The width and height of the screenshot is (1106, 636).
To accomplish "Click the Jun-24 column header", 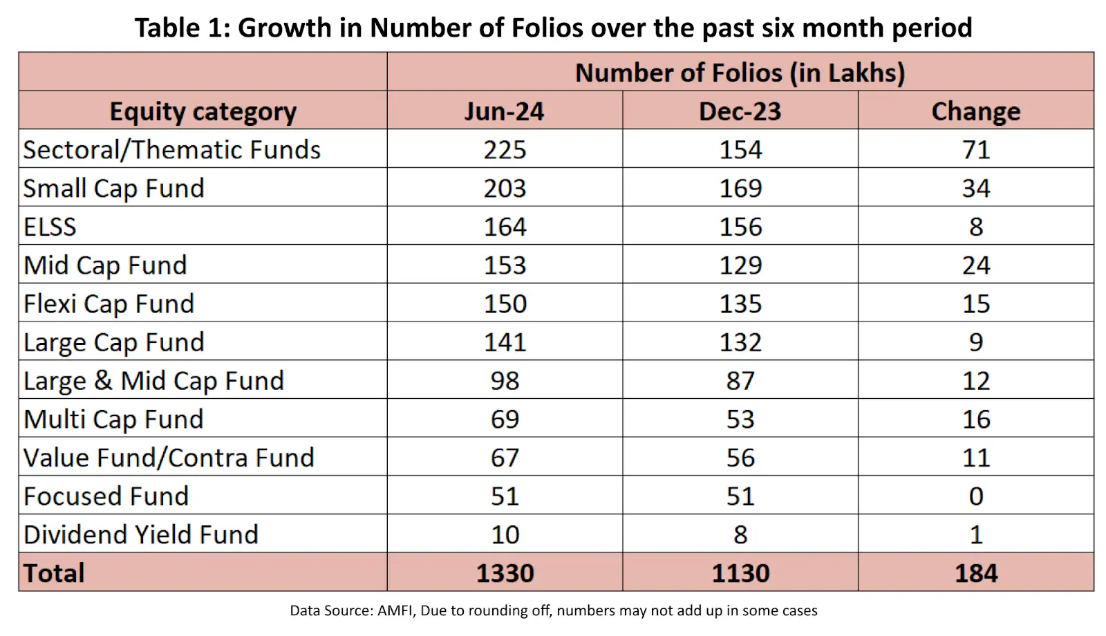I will [504, 111].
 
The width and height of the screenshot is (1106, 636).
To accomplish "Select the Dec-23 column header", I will [740, 111].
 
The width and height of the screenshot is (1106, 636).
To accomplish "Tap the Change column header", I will [975, 111].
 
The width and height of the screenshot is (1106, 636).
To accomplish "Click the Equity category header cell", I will [203, 111].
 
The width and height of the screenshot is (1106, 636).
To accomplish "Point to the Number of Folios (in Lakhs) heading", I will [740, 73].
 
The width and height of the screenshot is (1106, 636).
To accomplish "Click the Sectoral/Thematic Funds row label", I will [171, 150].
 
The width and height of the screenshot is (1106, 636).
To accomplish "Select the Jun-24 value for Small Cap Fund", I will [505, 188].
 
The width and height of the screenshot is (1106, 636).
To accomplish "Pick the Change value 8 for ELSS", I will [976, 227].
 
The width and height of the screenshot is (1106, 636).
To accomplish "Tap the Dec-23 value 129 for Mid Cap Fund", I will [740, 265].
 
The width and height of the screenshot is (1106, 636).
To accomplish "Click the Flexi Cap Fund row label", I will [109, 304].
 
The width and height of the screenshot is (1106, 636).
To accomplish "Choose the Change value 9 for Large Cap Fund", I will [976, 342].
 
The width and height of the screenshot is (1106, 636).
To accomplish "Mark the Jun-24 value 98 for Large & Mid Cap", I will [505, 381].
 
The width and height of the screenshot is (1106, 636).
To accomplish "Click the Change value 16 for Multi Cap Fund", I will [976, 420].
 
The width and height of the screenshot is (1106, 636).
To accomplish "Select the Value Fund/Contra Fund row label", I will [169, 458].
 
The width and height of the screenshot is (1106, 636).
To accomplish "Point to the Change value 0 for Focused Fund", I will [976, 496].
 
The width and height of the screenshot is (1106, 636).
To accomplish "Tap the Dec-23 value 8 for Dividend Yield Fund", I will [740, 535].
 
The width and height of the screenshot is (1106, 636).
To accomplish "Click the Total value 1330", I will [505, 573].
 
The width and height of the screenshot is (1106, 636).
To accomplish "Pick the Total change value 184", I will [976, 573].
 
